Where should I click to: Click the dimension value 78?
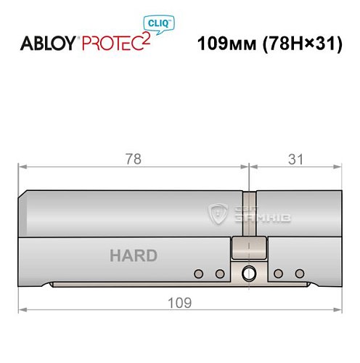click(x=133, y=158)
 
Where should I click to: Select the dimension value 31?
click(x=295, y=158)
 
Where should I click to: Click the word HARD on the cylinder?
click(x=133, y=256)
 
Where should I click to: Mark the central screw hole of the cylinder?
click(x=249, y=274)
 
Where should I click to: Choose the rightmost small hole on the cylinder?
click(x=298, y=274)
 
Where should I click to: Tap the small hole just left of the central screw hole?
click(x=219, y=274)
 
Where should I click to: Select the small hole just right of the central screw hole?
click(x=278, y=274)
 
